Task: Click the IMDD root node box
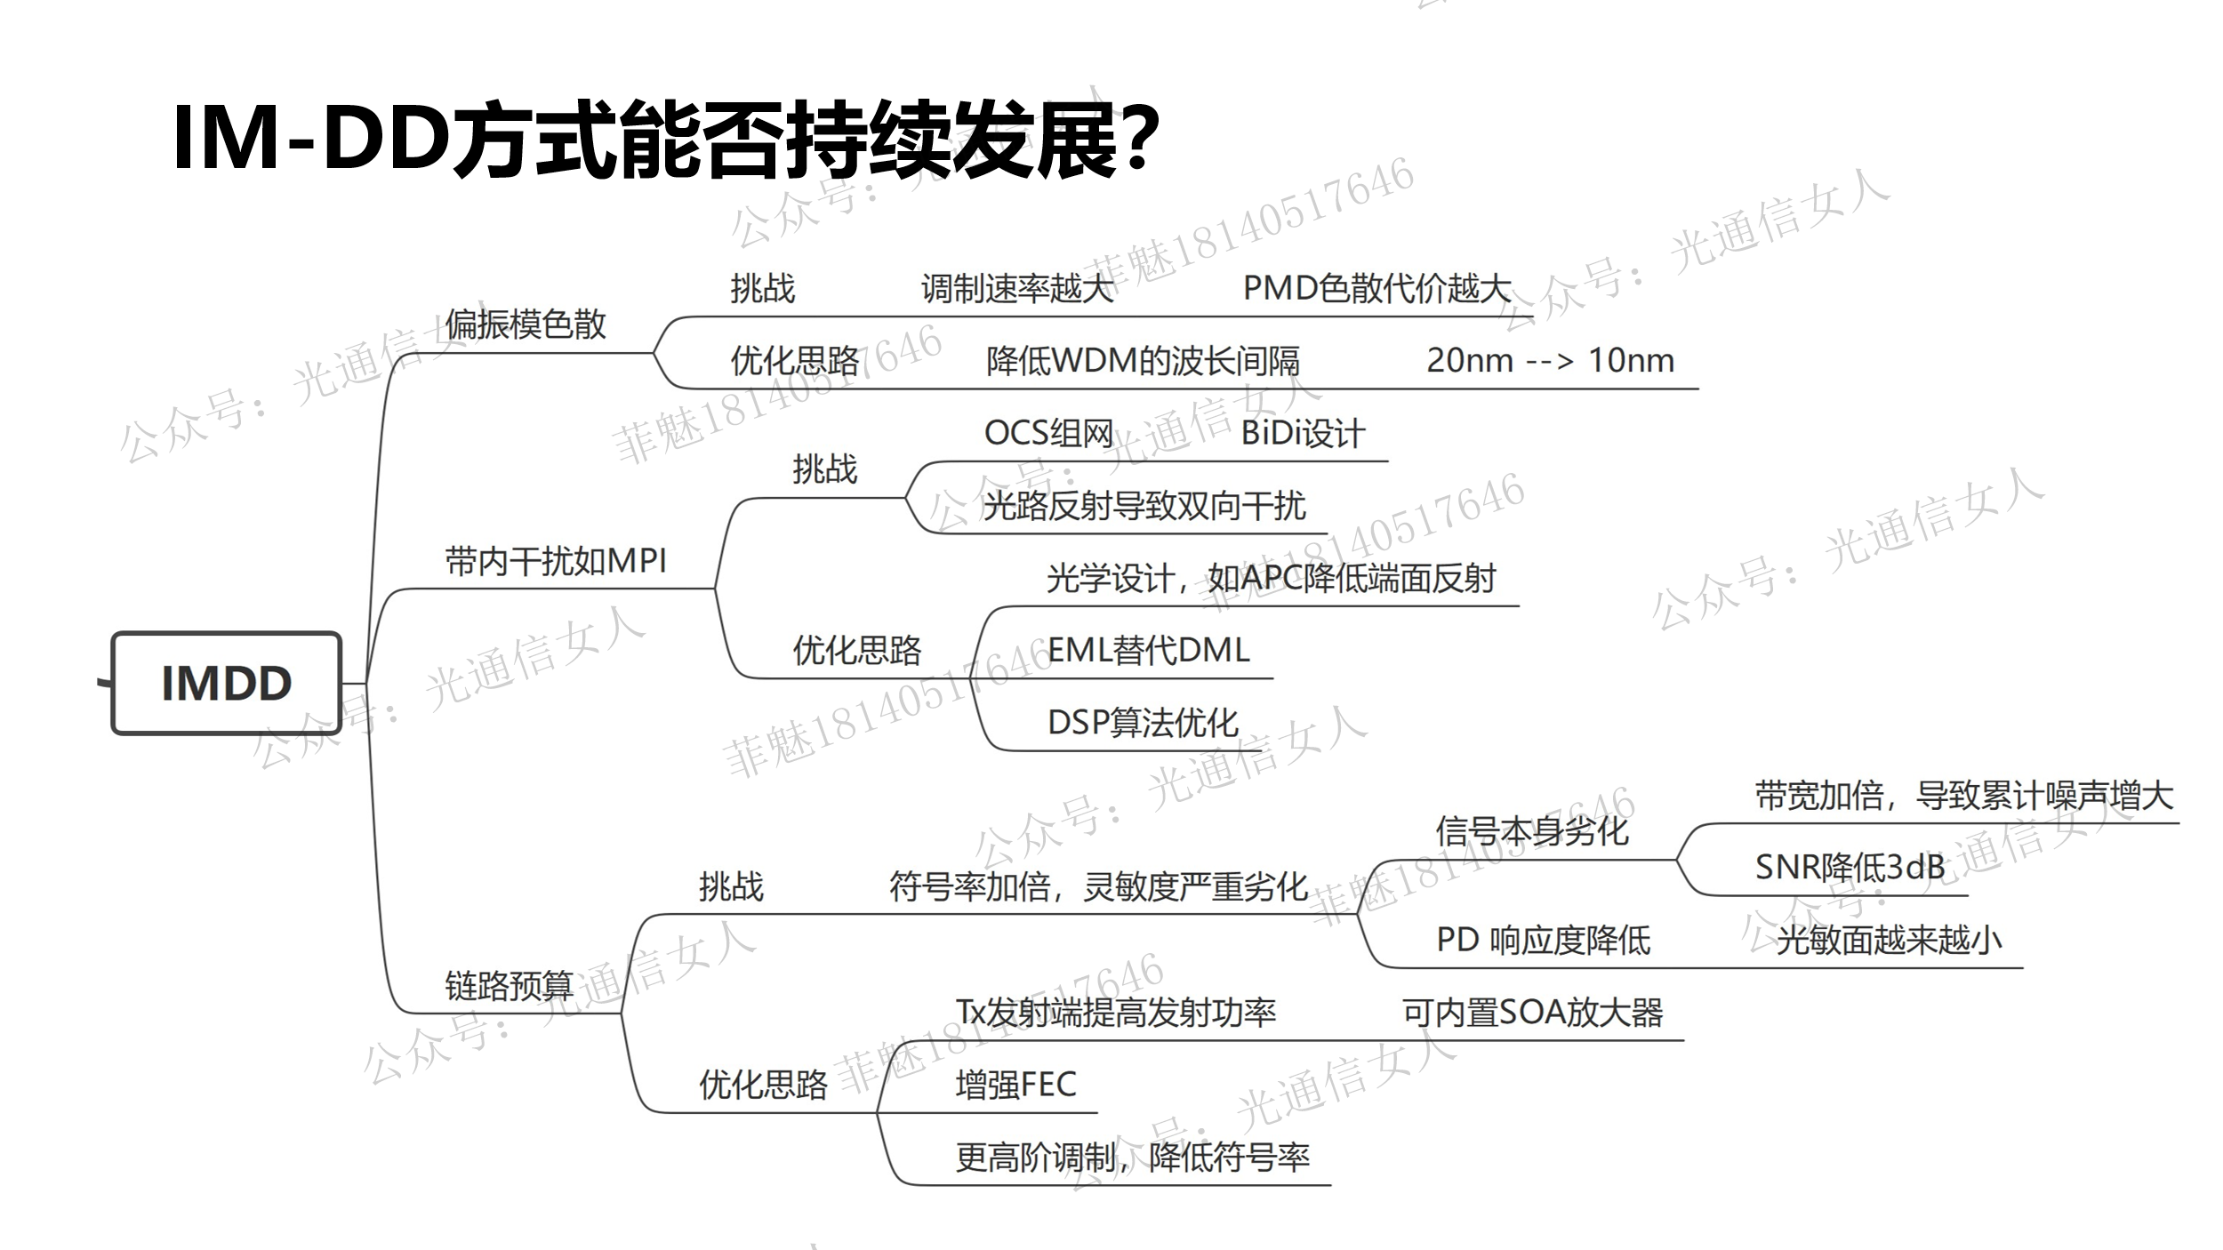click(227, 683)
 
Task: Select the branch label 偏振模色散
click(526, 325)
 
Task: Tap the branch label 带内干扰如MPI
click(556, 561)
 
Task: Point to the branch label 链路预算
click(509, 986)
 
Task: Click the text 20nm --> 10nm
click(1550, 361)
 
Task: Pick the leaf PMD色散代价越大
click(1376, 288)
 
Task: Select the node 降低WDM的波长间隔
click(1143, 361)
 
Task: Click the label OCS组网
click(1048, 434)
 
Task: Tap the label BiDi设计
click(1303, 434)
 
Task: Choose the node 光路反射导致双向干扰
click(1144, 506)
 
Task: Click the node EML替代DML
click(1148, 651)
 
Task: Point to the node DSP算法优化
click(1143, 723)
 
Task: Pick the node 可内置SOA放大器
click(1532, 1013)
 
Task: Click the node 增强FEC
click(1015, 1085)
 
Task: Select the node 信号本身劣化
click(1531, 831)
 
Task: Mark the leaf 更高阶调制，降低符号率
click(1132, 1158)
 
